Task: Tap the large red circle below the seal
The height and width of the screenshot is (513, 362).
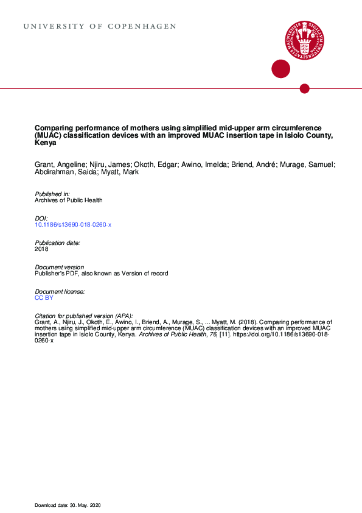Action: click(x=280, y=69)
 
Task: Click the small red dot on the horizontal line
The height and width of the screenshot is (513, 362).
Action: click(x=305, y=89)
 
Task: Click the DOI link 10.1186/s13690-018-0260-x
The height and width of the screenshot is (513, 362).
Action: click(x=73, y=225)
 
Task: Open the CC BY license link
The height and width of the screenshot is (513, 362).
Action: click(x=44, y=298)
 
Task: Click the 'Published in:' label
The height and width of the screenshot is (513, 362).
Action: click(x=52, y=194)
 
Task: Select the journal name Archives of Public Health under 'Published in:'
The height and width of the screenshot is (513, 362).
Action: click(x=69, y=200)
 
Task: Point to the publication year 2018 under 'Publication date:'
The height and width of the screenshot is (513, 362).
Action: click(x=42, y=249)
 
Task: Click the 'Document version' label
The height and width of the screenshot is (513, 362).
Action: click(x=60, y=267)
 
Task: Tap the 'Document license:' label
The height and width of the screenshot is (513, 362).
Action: click(x=60, y=292)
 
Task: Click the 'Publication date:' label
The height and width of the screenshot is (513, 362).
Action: click(x=58, y=242)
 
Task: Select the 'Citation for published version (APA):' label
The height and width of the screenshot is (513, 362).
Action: click(x=84, y=316)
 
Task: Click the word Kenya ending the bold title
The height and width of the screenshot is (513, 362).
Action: click(x=46, y=144)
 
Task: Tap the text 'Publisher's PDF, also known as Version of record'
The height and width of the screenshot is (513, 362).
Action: click(x=102, y=274)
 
